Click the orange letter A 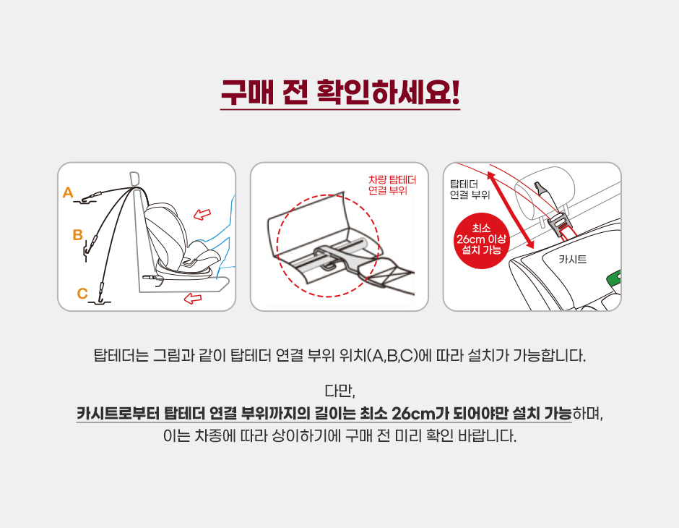(x=68, y=192)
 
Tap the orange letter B (x=78, y=234)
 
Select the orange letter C (x=82, y=294)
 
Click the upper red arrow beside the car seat (x=202, y=213)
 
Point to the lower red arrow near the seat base (x=193, y=298)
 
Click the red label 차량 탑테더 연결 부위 (x=392, y=185)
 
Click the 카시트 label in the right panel (x=573, y=259)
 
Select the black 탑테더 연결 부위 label (x=470, y=190)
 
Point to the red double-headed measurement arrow (x=510, y=210)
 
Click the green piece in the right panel (x=614, y=279)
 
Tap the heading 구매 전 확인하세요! (x=340, y=93)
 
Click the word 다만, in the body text (x=340, y=391)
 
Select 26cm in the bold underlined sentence (x=412, y=413)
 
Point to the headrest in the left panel (x=135, y=178)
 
